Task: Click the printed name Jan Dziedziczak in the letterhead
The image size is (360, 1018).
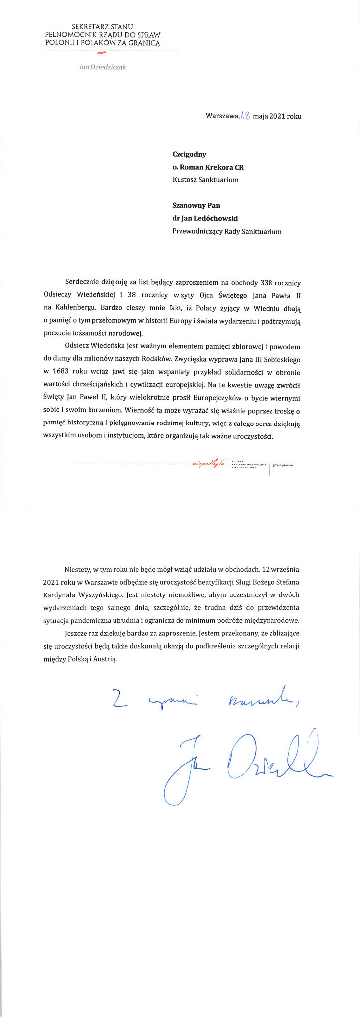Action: click(x=102, y=67)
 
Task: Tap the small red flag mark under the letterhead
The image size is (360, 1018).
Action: click(x=102, y=52)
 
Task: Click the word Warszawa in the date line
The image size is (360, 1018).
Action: click(x=222, y=116)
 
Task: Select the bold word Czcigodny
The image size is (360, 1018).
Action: click(x=189, y=154)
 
